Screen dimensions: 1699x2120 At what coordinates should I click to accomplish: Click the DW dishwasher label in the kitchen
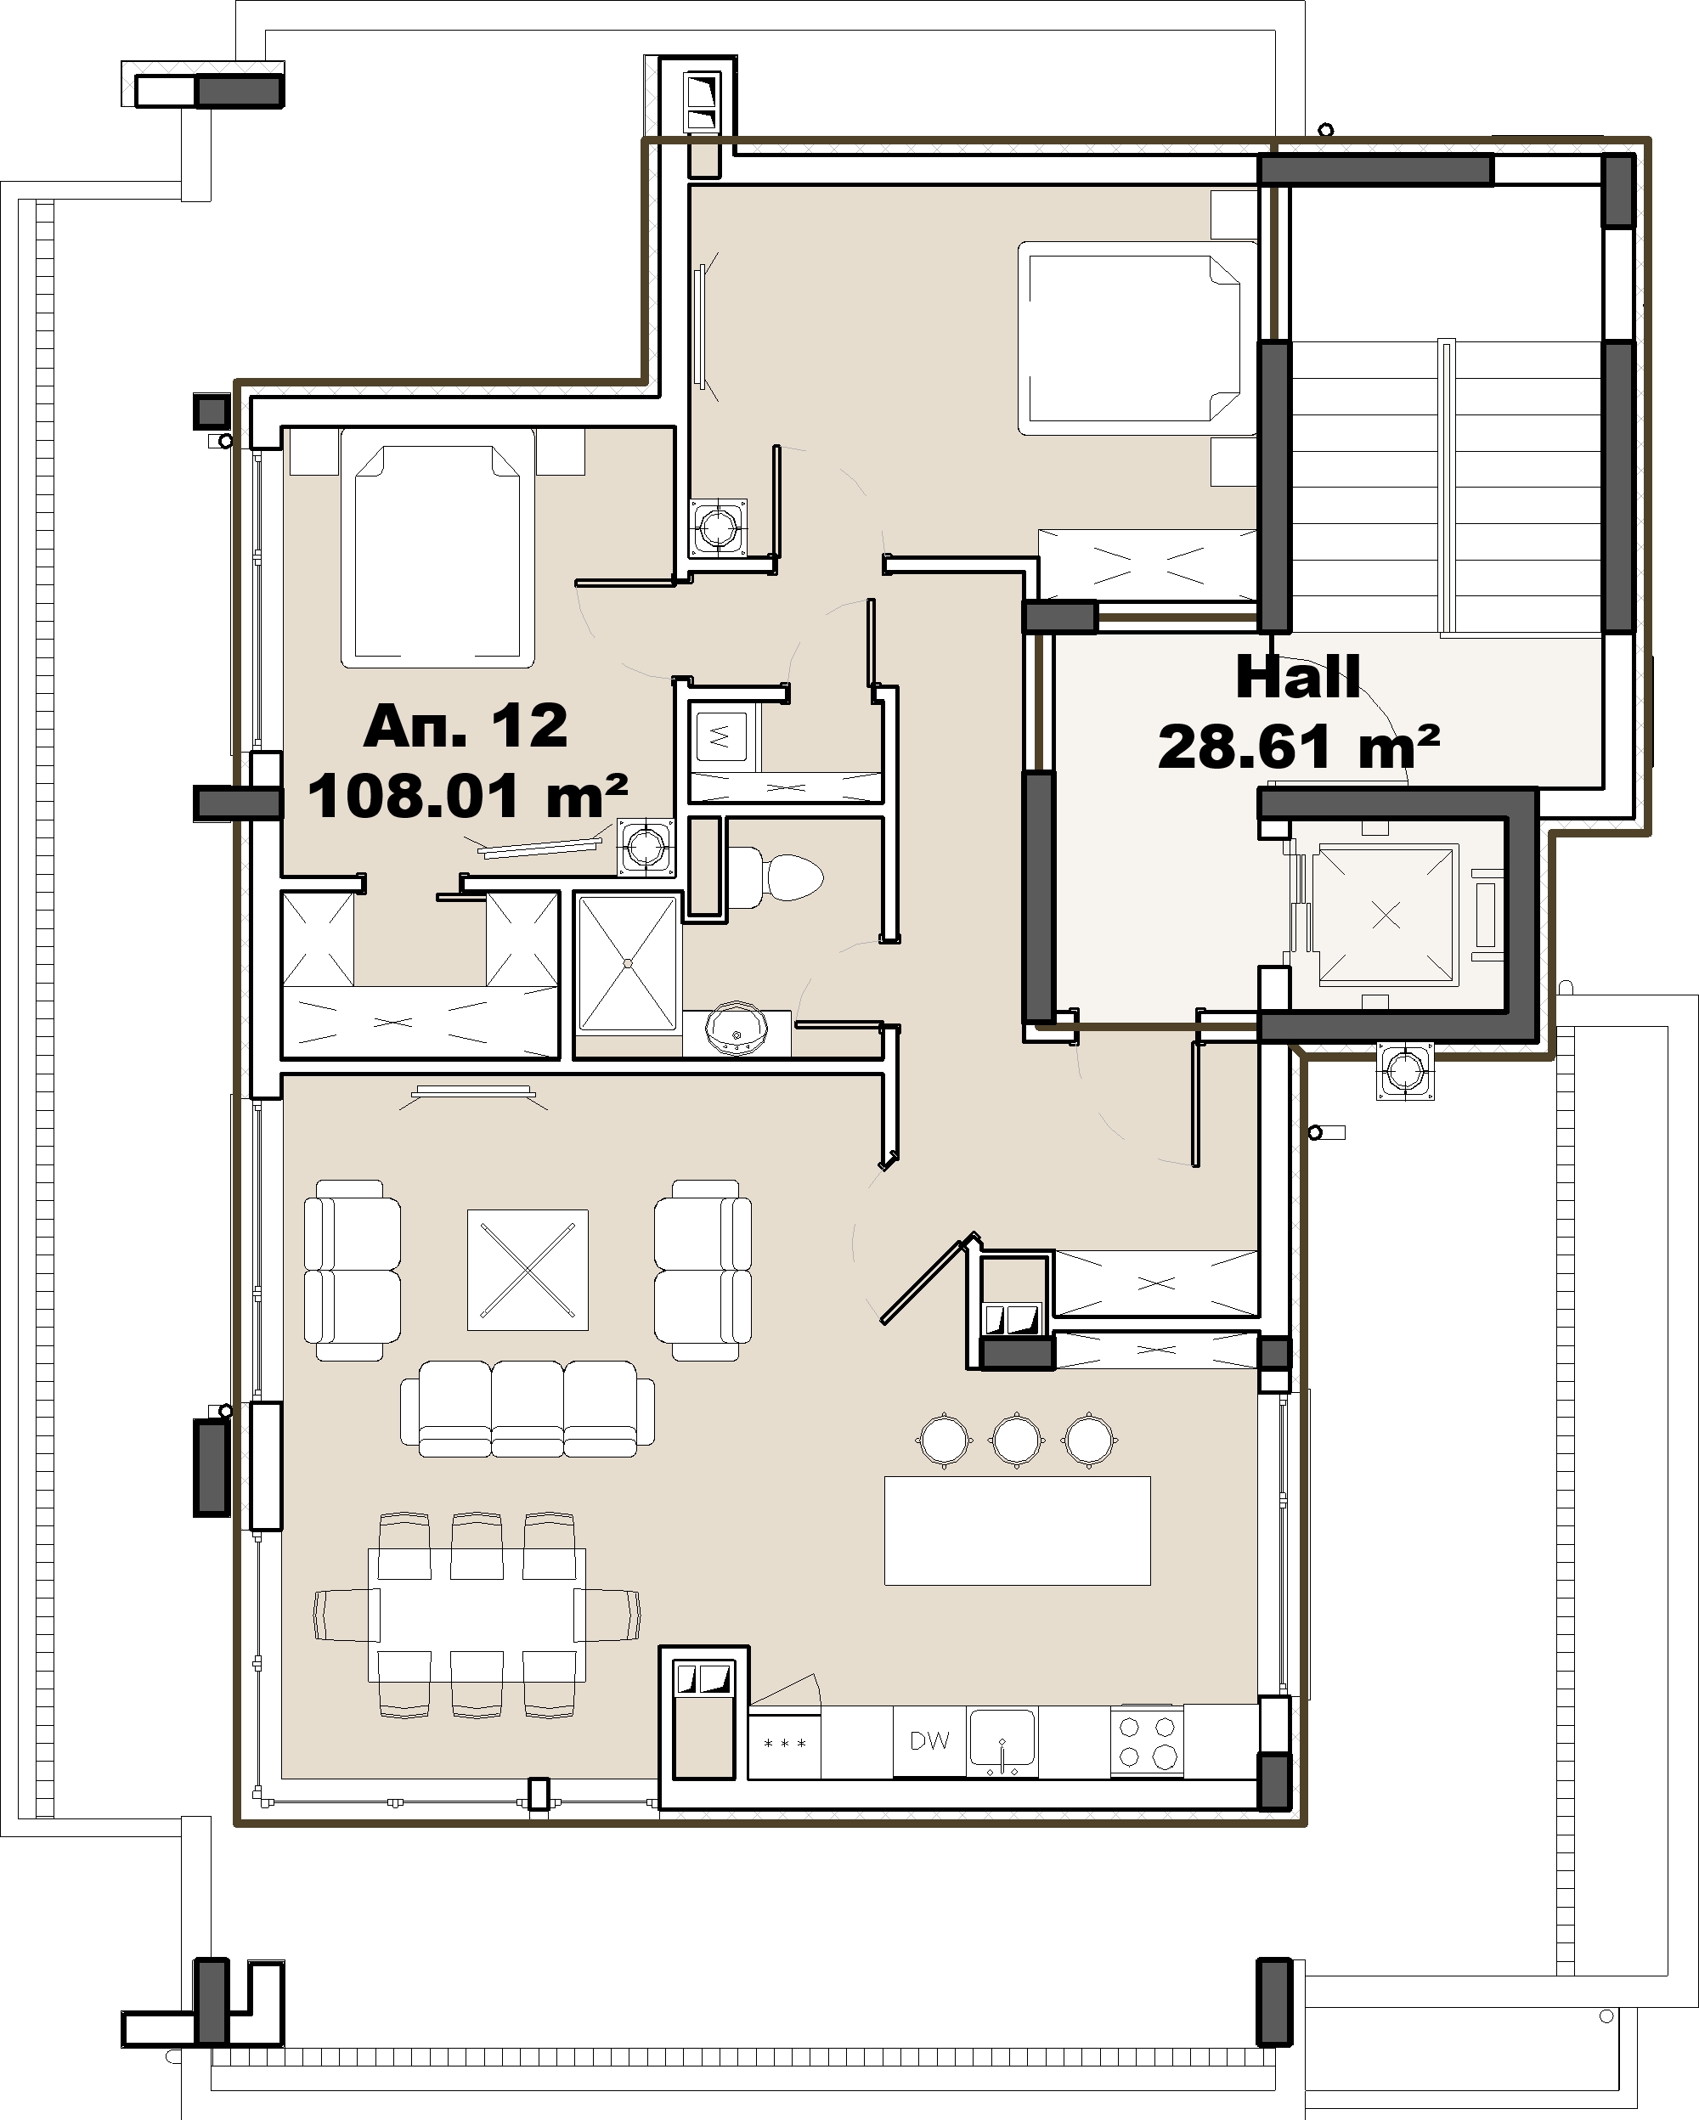click(929, 1740)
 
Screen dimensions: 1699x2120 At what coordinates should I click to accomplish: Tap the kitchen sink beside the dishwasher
click(1002, 1741)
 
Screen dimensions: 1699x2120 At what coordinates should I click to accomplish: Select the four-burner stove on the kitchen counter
click(1147, 1740)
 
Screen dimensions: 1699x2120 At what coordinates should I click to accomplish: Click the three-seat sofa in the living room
click(527, 1408)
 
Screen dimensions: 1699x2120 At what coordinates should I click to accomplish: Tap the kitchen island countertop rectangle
click(1018, 1530)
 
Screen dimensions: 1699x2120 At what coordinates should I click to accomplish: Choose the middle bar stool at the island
click(1016, 1441)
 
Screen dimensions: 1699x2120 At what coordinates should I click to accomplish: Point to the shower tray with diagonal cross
click(627, 962)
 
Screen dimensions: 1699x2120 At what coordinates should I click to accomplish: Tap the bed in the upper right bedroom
click(1129, 338)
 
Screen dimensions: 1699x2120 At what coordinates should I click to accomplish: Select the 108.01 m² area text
click(468, 797)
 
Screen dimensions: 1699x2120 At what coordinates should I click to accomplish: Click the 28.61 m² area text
click(1299, 747)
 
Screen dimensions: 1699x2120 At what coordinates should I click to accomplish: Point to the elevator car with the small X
click(1386, 916)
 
